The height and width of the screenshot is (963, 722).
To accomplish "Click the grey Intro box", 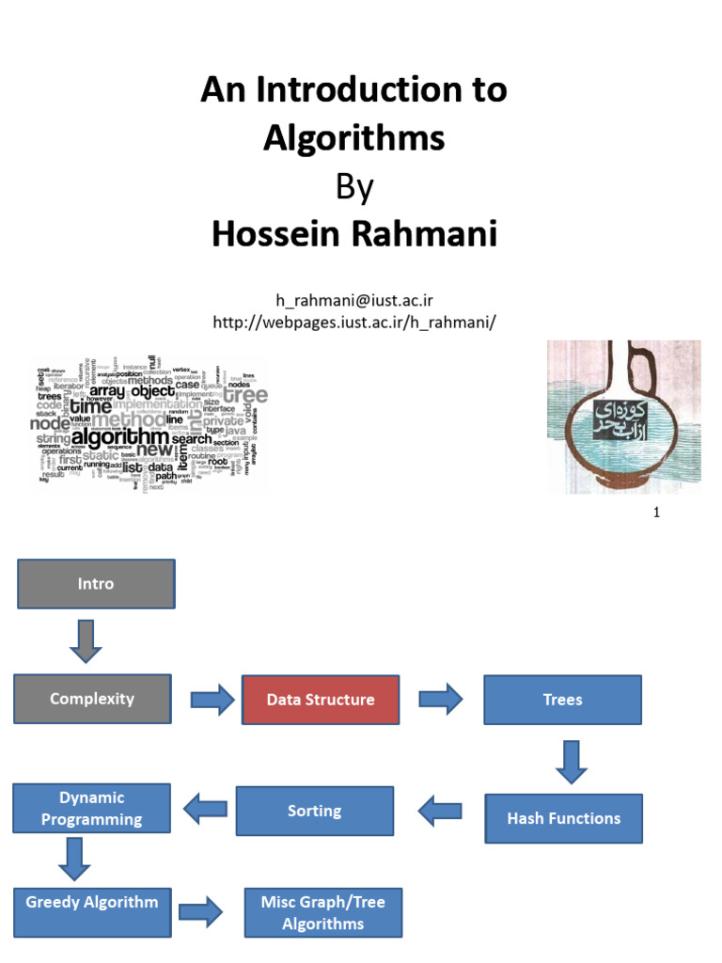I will [x=96, y=584].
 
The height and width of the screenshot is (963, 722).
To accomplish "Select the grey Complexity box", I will [x=92, y=699].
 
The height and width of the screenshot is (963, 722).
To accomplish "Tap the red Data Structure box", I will [x=321, y=700].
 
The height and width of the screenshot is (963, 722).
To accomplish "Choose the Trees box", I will [x=562, y=700].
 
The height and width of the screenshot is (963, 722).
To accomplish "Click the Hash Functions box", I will [x=563, y=818].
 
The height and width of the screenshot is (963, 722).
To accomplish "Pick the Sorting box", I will [x=314, y=811].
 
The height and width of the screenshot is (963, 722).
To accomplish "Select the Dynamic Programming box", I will [x=92, y=808].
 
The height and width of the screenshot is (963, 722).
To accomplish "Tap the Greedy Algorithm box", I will [x=92, y=902].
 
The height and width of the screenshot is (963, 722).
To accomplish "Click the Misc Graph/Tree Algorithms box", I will [x=322, y=912].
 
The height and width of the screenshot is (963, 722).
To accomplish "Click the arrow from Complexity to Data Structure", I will [x=212, y=700].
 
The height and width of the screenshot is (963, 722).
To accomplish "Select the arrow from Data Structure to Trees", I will [x=440, y=700].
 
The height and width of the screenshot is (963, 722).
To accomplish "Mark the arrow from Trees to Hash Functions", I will [x=571, y=760].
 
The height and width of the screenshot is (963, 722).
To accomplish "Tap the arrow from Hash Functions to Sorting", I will [x=439, y=811].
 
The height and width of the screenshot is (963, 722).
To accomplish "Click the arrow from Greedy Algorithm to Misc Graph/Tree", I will [x=200, y=911].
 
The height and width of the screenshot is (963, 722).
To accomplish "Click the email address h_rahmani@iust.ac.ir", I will [x=353, y=300].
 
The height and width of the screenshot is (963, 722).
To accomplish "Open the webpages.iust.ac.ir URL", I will [x=353, y=322].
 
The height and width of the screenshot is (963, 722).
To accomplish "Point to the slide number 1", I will [x=656, y=513].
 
